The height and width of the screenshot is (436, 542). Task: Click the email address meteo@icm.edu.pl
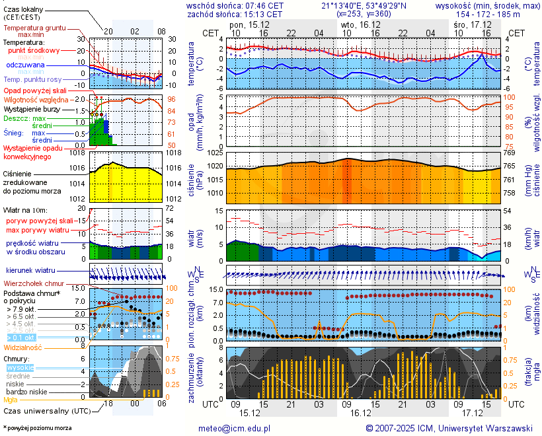coord(235,428)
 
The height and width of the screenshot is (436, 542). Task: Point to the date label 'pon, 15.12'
coord(249,24)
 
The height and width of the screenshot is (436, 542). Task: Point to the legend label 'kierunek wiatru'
coord(30,271)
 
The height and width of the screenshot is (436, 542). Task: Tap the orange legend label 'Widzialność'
coord(23,347)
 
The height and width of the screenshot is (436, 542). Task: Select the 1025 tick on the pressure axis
coord(213,153)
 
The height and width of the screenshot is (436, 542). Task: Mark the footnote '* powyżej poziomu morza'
coord(38,428)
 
